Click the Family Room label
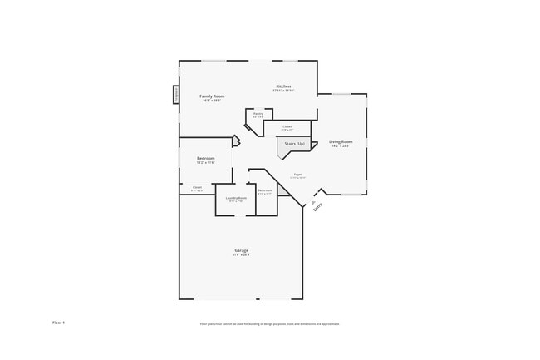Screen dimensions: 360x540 213,96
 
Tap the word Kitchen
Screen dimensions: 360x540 284,86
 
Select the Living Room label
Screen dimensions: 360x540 341,142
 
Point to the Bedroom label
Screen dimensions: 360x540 206,158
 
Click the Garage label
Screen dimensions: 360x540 241,250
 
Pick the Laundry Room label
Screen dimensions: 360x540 236,198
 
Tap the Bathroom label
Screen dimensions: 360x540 265,190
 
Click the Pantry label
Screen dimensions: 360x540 258,113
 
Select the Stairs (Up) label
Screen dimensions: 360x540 295,144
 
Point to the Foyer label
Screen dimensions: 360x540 297,174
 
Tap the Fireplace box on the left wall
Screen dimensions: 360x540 176,95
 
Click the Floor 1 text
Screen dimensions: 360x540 58,322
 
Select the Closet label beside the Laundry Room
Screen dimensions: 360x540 198,187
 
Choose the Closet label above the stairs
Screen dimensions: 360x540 287,126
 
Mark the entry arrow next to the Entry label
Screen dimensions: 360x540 313,202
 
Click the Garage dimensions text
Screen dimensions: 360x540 241,254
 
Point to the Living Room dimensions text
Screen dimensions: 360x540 341,146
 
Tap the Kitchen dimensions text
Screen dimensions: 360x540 284,91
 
